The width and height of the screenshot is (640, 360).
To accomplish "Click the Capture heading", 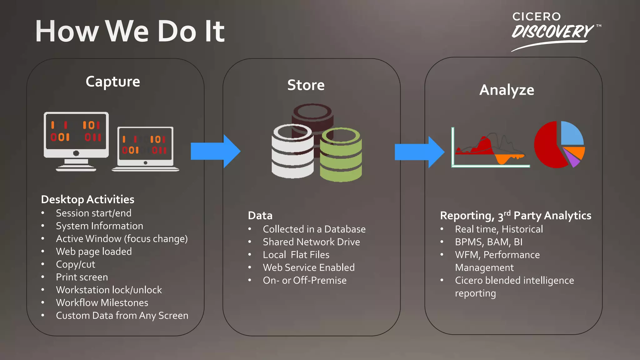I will (113, 82).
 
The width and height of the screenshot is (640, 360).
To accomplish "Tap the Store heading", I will (306, 85).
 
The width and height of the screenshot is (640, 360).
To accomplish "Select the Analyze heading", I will (507, 90).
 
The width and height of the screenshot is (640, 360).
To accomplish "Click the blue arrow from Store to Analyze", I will (419, 152).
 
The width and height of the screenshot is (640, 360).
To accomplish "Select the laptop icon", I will (146, 149).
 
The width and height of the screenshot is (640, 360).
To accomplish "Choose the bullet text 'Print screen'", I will (82, 277).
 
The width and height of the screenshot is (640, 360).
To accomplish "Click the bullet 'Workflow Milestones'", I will (102, 303).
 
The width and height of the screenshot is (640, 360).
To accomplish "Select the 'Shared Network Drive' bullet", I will (311, 242).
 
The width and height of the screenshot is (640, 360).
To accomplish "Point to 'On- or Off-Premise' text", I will (304, 281).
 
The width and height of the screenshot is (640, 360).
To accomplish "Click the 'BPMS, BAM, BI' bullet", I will (488, 242).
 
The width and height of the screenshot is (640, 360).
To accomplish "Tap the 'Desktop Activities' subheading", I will (87, 199).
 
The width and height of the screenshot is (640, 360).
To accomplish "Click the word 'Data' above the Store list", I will (260, 216).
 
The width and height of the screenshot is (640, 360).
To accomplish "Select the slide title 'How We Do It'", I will (130, 31).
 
